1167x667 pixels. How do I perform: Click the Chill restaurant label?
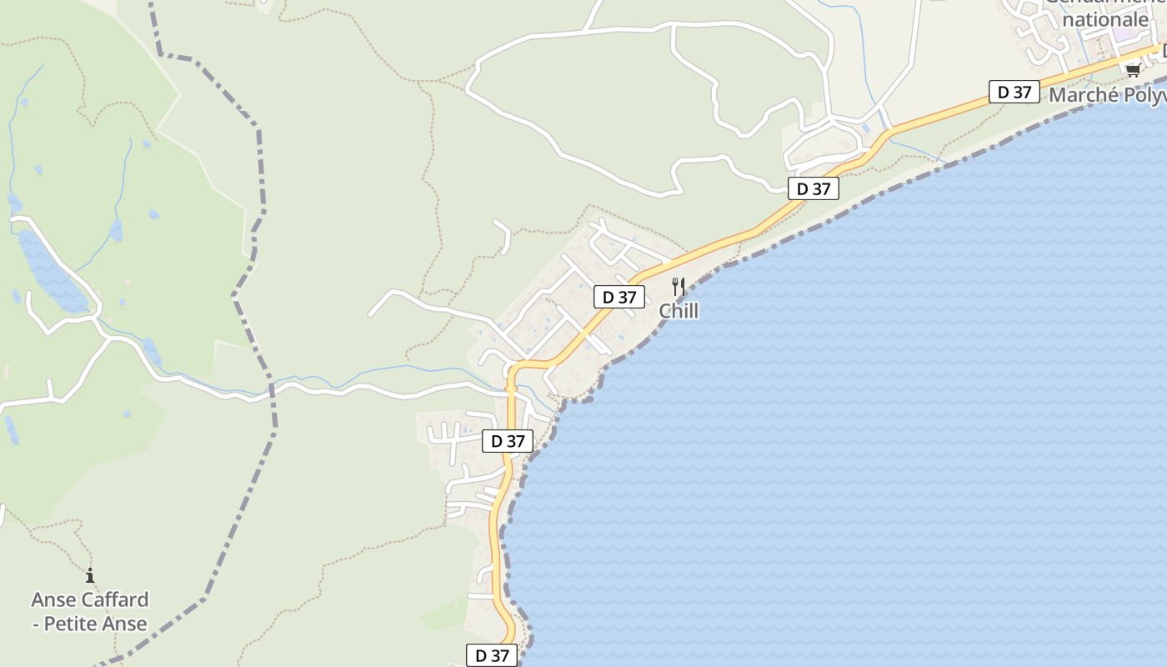point(679,311)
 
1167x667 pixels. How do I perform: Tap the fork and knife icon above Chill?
point(679,286)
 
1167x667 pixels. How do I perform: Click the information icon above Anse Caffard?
point(90,575)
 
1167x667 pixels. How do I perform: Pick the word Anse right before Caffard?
point(54,599)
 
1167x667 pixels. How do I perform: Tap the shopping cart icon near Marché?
point(1133,70)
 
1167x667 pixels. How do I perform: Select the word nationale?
point(1106,18)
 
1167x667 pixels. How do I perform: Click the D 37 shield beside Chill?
point(619,297)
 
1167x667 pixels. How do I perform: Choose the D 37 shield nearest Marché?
point(1014,93)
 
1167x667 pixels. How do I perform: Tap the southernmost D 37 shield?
point(492,656)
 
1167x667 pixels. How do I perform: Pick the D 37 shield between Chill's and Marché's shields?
point(814,189)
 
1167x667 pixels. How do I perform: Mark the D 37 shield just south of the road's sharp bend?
point(508,441)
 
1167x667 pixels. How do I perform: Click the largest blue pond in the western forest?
point(50,271)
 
